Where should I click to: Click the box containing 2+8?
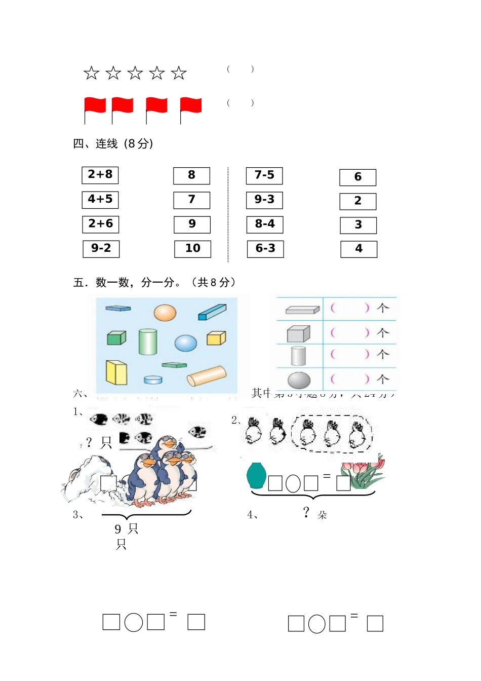tap(100, 175)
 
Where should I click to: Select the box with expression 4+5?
tap(100, 200)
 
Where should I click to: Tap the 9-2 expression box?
tap(101, 249)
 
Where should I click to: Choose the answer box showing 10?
tap(192, 249)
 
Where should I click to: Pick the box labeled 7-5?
tap(264, 176)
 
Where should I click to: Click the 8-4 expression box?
tap(265, 224)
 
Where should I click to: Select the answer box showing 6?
tap(358, 177)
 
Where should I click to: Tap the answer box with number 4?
tap(358, 249)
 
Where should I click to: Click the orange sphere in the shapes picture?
tap(165, 313)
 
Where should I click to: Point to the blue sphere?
tap(186, 343)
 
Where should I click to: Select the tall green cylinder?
tap(148, 342)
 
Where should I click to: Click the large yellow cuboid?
tap(116, 372)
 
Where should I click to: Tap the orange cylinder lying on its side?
tap(207, 376)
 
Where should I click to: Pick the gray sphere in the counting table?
tap(299, 380)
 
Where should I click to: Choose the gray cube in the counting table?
tap(298, 333)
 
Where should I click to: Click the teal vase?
tap(256, 475)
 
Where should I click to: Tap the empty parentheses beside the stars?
tap(240, 69)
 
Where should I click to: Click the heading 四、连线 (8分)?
tap(113, 144)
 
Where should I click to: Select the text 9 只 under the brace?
tap(126, 529)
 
